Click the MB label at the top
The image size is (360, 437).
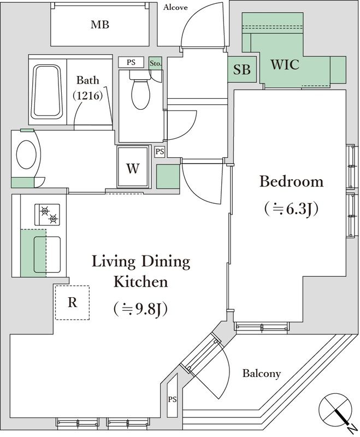click(x=100, y=25)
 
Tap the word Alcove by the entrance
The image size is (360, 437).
click(x=175, y=7)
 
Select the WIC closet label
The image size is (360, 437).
click(x=285, y=64)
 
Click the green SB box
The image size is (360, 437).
click(x=242, y=69)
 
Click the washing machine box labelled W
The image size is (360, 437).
click(x=133, y=168)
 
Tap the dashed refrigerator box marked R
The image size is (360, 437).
click(x=72, y=303)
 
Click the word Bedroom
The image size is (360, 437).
click(x=291, y=181)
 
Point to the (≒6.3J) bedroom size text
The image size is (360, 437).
click(x=291, y=208)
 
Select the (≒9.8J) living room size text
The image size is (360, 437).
click(x=140, y=309)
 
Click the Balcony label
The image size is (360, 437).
click(x=262, y=374)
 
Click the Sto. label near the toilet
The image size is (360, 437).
click(x=155, y=63)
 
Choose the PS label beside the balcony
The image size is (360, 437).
click(x=173, y=398)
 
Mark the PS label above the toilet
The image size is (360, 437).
click(x=131, y=62)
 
